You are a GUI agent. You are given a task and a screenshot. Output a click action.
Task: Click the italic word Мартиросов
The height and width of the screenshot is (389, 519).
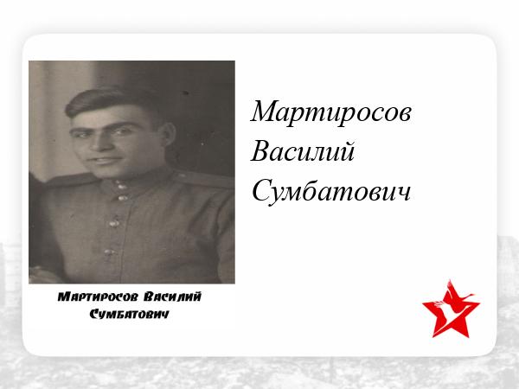[x=330, y=112]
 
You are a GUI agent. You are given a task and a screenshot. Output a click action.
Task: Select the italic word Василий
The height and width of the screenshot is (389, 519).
[x=303, y=152]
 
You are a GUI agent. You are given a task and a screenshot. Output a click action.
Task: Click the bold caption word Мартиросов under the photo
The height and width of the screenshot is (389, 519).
[x=97, y=297]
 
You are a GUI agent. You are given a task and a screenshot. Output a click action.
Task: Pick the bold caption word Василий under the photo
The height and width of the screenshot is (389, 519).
[x=172, y=297]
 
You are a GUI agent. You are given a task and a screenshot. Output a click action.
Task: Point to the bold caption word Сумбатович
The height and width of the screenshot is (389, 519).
[x=130, y=314]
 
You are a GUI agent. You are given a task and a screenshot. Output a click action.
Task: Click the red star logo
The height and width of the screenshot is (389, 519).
[x=451, y=309]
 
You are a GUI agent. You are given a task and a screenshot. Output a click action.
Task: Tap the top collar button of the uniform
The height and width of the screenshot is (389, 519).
[x=120, y=186]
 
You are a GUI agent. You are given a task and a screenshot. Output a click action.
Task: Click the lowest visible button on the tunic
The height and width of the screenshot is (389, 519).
[x=109, y=252]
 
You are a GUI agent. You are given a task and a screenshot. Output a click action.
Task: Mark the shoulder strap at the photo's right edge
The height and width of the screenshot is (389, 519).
[x=204, y=180]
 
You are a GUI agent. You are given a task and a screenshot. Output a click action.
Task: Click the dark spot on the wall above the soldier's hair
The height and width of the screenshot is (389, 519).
[x=186, y=93]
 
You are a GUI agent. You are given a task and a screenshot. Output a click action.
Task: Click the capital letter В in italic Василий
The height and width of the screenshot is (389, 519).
[x=260, y=152]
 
